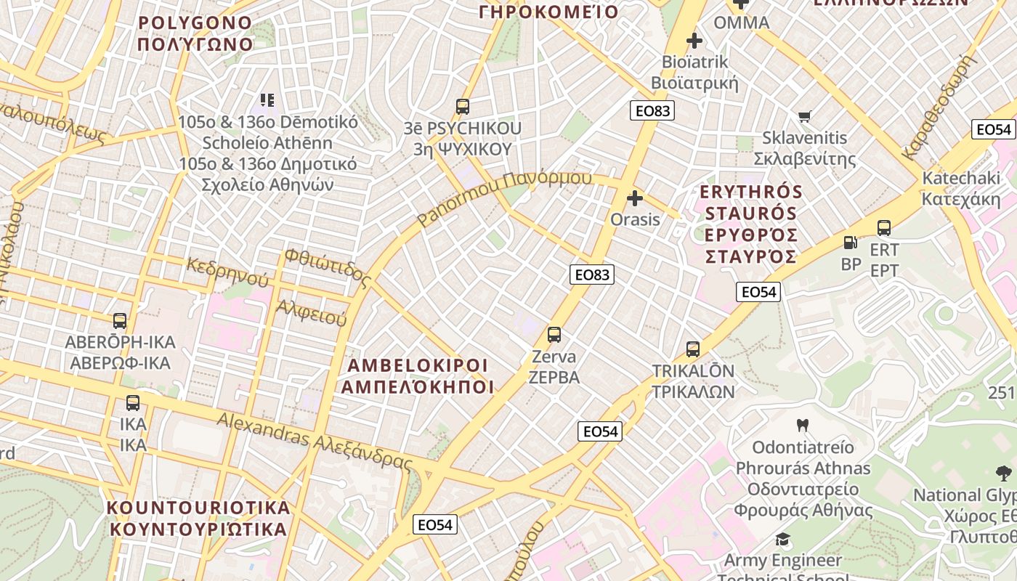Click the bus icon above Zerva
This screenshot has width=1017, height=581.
[554, 335]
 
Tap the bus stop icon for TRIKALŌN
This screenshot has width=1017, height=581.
[693, 349]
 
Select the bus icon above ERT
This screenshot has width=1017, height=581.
[884, 228]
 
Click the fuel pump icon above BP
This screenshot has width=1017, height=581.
[851, 243]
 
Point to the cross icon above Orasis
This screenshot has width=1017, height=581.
[635, 198]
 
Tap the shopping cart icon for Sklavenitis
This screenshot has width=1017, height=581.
[805, 116]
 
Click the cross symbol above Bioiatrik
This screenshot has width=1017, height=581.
[694, 41]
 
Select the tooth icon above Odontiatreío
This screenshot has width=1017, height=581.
[803, 425]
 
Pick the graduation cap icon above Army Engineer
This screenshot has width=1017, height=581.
[782, 539]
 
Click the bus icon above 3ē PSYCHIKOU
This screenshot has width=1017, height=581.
[463, 107]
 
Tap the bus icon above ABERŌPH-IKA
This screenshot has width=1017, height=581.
[120, 320]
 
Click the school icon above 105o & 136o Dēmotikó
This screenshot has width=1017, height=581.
[267, 100]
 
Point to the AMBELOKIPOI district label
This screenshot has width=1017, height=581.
[417, 375]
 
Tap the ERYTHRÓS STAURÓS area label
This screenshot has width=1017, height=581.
[751, 224]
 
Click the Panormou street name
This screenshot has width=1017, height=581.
[505, 198]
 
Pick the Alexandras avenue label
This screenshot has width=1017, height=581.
[315, 440]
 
